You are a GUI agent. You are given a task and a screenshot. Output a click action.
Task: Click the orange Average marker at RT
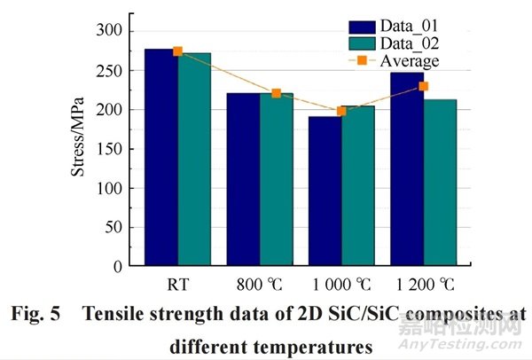tap(177, 51)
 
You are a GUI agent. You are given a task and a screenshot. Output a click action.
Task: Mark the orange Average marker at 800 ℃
tap(276, 93)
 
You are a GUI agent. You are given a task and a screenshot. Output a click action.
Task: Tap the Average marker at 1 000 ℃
tap(341, 111)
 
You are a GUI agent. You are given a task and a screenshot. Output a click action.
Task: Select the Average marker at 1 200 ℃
tap(423, 86)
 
